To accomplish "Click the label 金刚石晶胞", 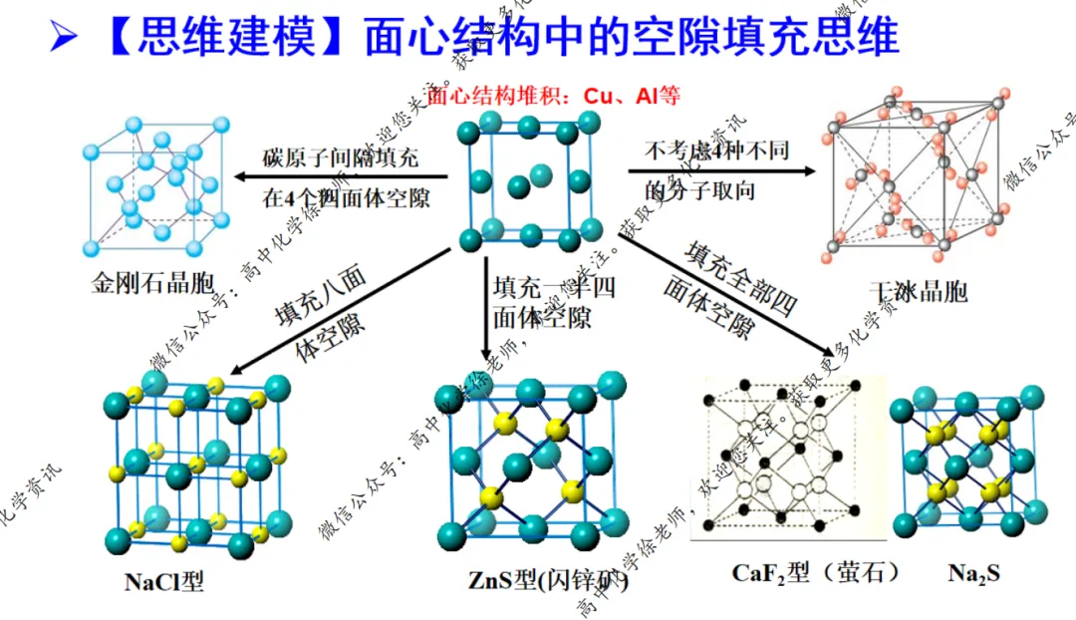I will click(x=152, y=282).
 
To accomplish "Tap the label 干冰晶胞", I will click(x=918, y=291).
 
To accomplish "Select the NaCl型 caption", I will click(x=163, y=580).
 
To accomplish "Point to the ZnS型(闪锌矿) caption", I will click(x=548, y=580).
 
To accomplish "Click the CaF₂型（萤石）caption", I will click(x=816, y=572).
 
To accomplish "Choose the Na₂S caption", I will click(x=973, y=573).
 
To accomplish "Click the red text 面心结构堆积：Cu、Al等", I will click(x=554, y=97).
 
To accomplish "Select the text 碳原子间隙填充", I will click(x=341, y=157).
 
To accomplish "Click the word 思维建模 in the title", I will click(x=226, y=38).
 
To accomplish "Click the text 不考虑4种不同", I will click(x=716, y=152).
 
